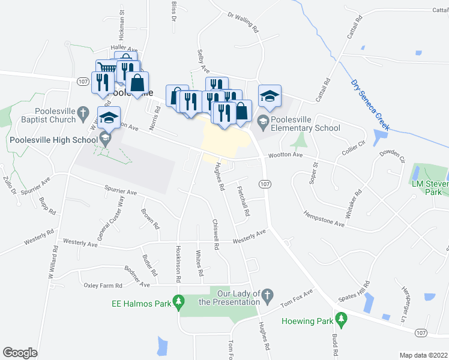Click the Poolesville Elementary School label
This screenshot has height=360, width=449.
pos(305,123)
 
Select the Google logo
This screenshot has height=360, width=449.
pos(20,353)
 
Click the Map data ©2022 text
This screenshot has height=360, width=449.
pos(423,355)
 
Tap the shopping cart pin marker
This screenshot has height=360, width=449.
pos(106,68)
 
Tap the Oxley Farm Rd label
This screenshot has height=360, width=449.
pos(103,285)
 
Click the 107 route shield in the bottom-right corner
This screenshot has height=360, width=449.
pos(421,332)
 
